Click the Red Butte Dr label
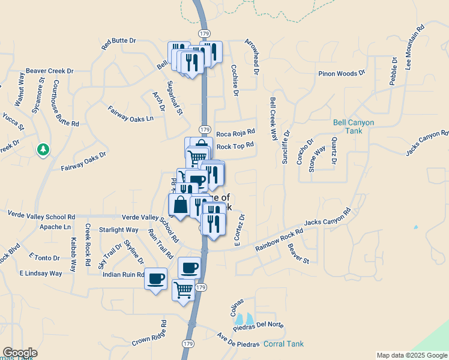pos(119,44)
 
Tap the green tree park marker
pos(43,149)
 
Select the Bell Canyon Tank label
pos(354,127)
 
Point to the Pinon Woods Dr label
pos(342,73)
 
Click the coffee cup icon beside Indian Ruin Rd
pos(156,279)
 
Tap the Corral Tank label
pos(283,344)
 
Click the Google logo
pos(20,353)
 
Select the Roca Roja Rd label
pos(235,133)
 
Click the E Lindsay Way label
pos(40,273)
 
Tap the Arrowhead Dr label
pos(252,56)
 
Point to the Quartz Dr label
pos(334,153)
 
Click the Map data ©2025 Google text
pos(412,355)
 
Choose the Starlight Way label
pos(118,230)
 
